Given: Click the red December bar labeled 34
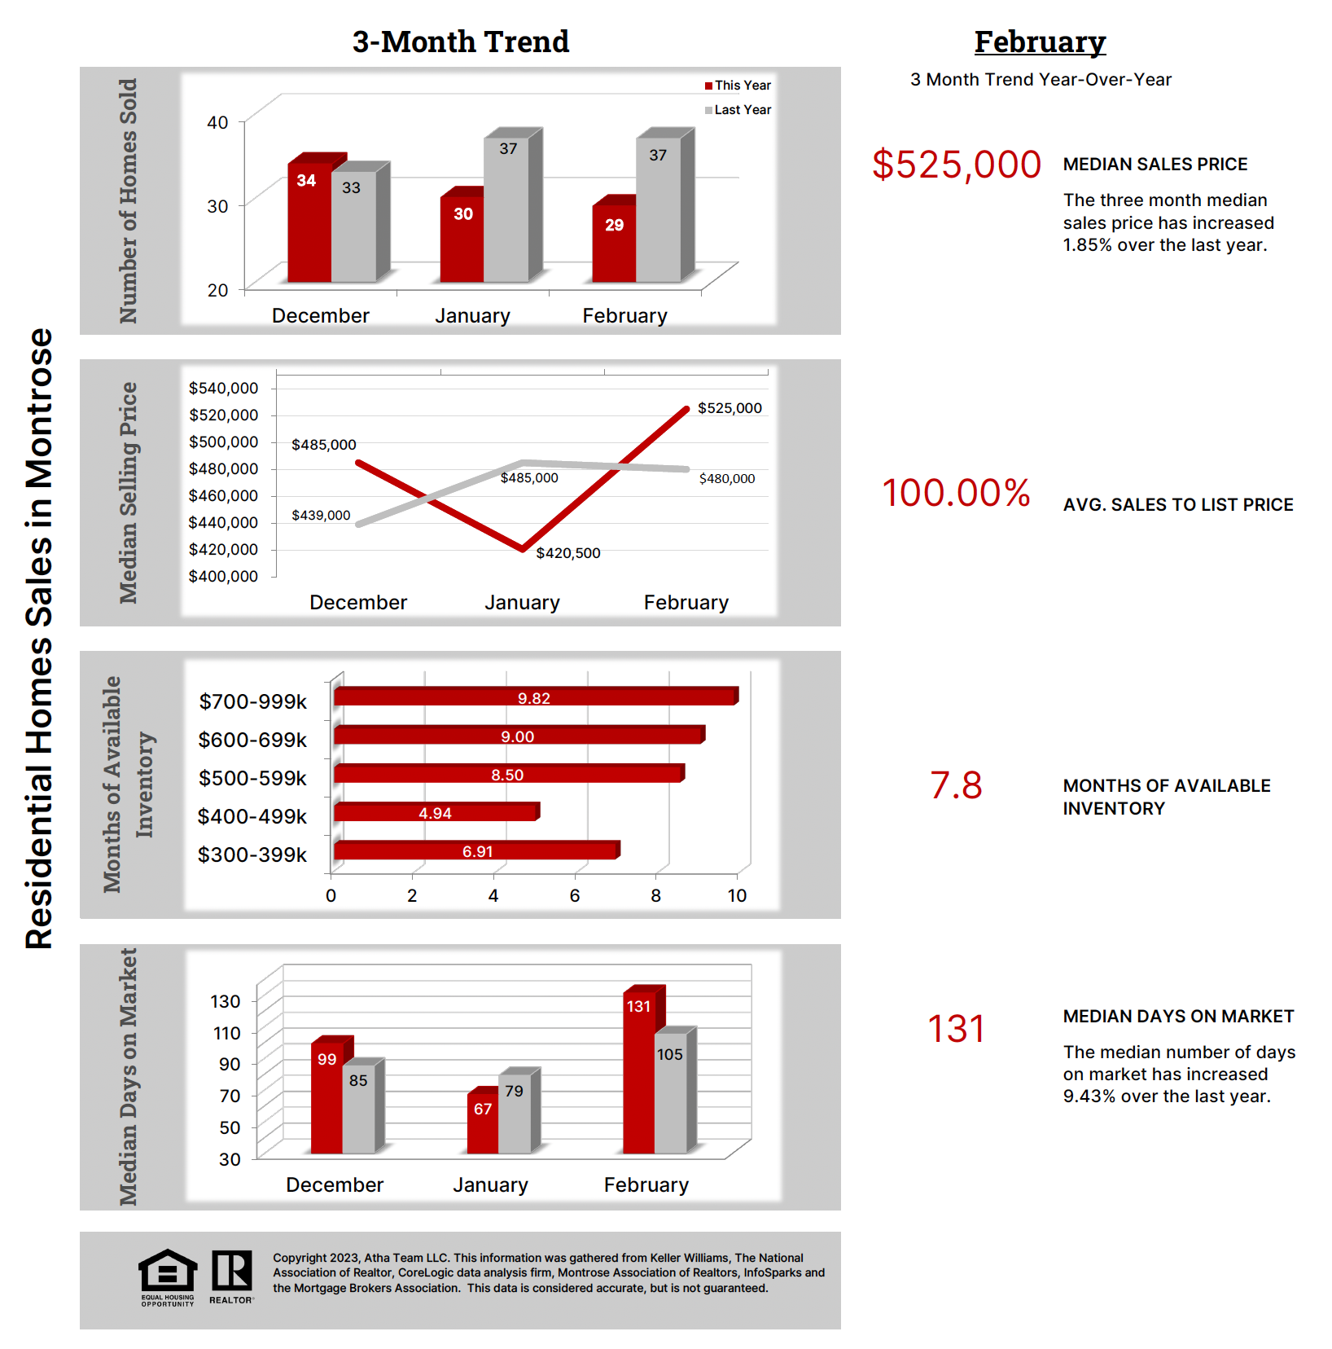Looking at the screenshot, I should pyautogui.click(x=309, y=222).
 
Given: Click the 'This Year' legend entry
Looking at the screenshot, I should pyautogui.click(x=738, y=86).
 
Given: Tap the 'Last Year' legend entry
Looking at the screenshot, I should pyautogui.click(x=738, y=110).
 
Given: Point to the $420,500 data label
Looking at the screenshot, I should pyautogui.click(x=568, y=553).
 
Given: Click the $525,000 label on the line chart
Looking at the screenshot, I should pyautogui.click(x=730, y=408).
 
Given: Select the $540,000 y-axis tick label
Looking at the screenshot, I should pyautogui.click(x=223, y=389).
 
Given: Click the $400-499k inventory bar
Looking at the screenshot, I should pyautogui.click(x=435, y=812).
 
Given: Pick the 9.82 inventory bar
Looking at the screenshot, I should pyautogui.click(x=534, y=697).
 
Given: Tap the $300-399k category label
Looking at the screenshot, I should pyautogui.click(x=252, y=855).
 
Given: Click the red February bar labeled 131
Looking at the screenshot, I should pyautogui.click(x=639, y=1071).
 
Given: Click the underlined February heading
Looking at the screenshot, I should pyautogui.click(x=1040, y=42).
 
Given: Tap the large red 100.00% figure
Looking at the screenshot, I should pyautogui.click(x=956, y=493).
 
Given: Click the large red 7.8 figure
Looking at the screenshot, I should pyautogui.click(x=956, y=786).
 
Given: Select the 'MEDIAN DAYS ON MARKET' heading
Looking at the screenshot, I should pyautogui.click(x=1178, y=1017).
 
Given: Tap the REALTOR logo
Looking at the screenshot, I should pyautogui.click(x=232, y=1276).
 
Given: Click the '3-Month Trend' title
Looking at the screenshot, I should pyautogui.click(x=460, y=42).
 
